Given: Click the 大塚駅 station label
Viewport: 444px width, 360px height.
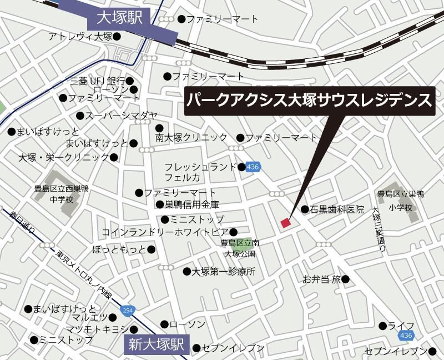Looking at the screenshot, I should pyautogui.click(x=120, y=18).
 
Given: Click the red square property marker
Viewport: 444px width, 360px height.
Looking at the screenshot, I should pyautogui.click(x=286, y=223).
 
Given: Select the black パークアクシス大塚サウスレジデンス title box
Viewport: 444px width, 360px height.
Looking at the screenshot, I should pyautogui.click(x=309, y=101).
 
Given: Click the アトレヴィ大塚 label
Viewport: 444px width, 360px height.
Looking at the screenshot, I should pyautogui.click(x=80, y=37).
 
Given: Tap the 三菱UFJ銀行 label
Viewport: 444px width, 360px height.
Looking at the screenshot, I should pyautogui.click(x=98, y=81).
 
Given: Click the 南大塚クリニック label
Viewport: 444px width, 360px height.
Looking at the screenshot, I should pyautogui.click(x=191, y=137).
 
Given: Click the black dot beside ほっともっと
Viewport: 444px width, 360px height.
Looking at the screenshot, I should pyautogui.click(x=152, y=249).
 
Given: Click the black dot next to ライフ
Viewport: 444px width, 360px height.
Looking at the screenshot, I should pyautogui.click(x=383, y=326).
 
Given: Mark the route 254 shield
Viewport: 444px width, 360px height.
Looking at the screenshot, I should pyautogui.click(x=128, y=310).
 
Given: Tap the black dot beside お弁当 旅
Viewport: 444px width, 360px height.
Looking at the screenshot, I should pyautogui.click(x=345, y=279).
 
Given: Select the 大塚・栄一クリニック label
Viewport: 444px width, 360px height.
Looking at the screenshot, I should pyautogui.click(x=63, y=157).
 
